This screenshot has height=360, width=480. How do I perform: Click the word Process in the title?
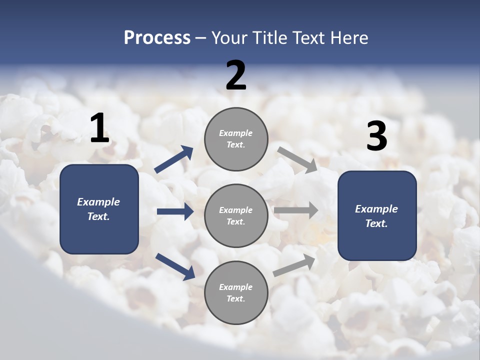[157, 38]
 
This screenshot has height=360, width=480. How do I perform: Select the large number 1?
[99, 128]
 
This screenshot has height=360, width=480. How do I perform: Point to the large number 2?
[236, 75]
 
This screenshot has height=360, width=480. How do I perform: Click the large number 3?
[376, 136]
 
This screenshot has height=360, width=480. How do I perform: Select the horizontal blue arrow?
[175, 211]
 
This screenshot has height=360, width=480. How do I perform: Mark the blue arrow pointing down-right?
[175, 266]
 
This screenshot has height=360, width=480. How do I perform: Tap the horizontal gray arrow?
[296, 210]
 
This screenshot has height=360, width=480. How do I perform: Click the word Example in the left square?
[98, 202]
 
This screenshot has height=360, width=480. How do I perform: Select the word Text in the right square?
[376, 223]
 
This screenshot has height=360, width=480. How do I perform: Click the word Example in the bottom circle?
[236, 287]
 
